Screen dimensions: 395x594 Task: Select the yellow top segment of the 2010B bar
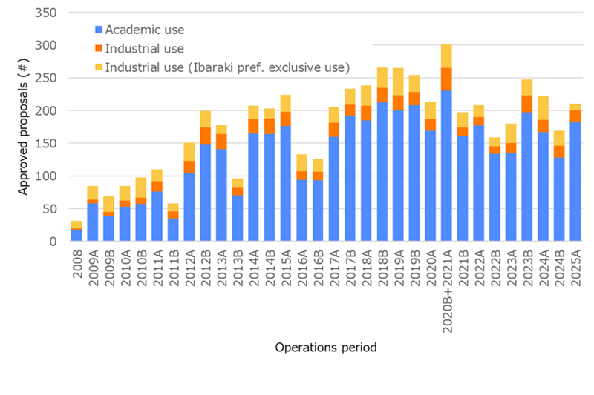(x=141, y=187)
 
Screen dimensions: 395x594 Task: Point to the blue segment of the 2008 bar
(x=76, y=235)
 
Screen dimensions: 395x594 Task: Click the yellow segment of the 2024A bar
(x=543, y=108)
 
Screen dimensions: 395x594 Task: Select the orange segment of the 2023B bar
(x=526, y=104)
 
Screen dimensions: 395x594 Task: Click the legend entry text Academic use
(x=145, y=30)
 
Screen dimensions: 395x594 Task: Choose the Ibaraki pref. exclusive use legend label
(x=226, y=67)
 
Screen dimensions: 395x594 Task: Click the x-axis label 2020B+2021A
(x=447, y=289)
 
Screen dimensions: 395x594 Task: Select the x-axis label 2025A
(x=575, y=270)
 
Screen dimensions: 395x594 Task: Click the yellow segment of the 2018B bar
(x=382, y=78)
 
